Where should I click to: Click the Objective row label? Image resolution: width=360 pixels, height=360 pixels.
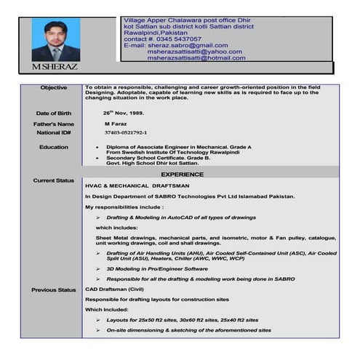pyautogui.click(x=54, y=88)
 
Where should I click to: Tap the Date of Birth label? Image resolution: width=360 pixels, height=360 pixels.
pyautogui.click(x=54, y=113)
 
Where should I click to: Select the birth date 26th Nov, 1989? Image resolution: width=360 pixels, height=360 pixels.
pyautogui.click(x=124, y=113)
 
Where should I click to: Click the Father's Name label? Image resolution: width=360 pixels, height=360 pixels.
pyautogui.click(x=54, y=124)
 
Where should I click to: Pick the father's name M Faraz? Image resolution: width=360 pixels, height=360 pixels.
pyautogui.click(x=116, y=124)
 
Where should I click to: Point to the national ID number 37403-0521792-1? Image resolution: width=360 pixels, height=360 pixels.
pyautogui.click(x=125, y=133)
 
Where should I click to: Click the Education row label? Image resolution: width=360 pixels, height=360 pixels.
pyautogui.click(x=54, y=147)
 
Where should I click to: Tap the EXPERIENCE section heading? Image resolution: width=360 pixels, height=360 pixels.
pyautogui.click(x=182, y=175)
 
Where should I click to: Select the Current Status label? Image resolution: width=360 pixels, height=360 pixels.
pyautogui.click(x=54, y=180)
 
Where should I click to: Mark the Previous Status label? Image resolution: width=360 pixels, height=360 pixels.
pyautogui.click(x=54, y=290)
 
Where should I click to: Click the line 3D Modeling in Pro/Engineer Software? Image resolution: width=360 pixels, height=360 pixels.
pyautogui.click(x=156, y=268)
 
